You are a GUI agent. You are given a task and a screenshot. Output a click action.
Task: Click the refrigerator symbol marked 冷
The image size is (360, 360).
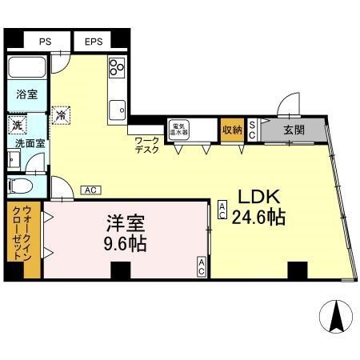61,115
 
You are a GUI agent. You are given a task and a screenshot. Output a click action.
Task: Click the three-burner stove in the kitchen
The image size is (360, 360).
117,67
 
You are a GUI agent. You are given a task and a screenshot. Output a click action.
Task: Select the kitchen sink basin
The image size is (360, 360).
118,106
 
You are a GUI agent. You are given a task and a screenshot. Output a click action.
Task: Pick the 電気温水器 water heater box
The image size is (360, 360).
178,129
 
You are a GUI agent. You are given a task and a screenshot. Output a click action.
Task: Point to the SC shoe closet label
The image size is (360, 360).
251,130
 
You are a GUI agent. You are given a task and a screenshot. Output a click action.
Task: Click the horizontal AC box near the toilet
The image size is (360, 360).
90,190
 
